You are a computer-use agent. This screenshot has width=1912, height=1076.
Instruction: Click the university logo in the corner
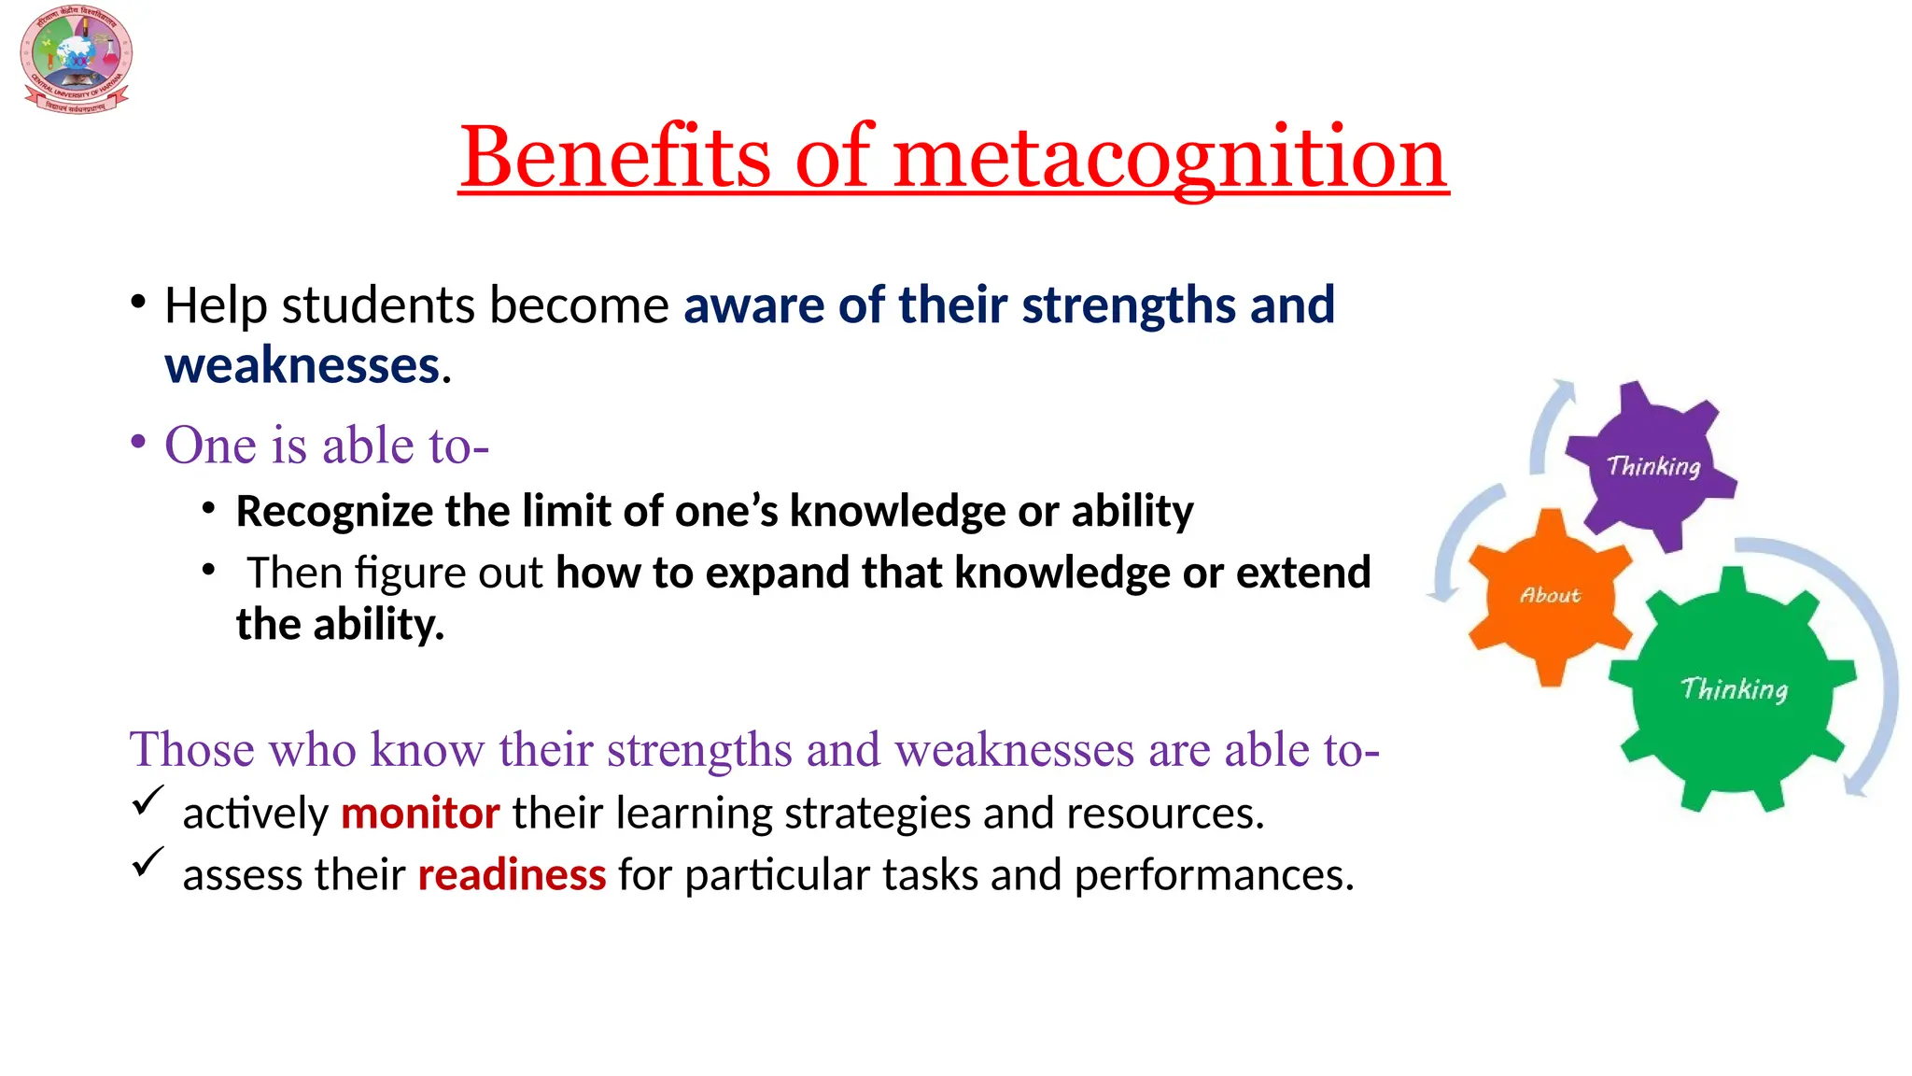coord(76,59)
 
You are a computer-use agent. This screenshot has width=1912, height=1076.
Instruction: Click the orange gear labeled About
coord(1550,595)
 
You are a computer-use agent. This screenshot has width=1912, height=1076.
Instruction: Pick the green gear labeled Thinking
coord(1734,688)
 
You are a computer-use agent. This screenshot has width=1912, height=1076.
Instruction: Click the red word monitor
coord(420,814)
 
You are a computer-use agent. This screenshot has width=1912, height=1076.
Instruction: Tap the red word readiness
coord(512,875)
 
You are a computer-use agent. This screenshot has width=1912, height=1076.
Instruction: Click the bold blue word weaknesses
coord(302,365)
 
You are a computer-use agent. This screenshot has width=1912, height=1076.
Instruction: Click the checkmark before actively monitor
coord(148,800)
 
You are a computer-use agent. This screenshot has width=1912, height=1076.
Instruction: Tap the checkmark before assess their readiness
coord(148,862)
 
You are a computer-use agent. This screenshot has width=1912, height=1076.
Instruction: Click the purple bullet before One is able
coord(138,442)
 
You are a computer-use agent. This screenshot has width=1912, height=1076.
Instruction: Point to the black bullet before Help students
coord(138,302)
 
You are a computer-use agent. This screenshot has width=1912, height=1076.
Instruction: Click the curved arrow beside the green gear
coord(1877,672)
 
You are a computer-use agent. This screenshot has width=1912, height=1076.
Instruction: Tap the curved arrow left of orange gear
coord(1456,542)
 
